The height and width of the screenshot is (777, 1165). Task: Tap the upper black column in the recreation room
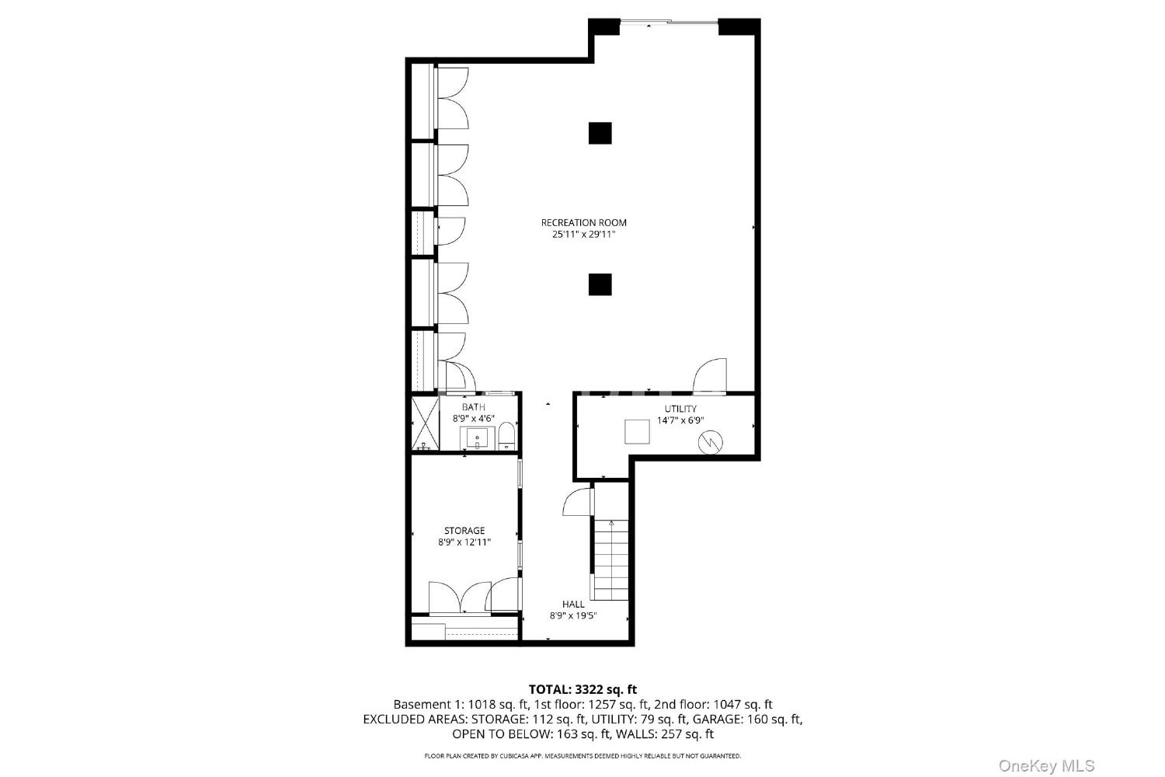[600, 133]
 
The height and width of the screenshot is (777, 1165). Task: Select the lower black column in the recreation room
[600, 284]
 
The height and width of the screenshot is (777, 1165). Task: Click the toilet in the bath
[506, 436]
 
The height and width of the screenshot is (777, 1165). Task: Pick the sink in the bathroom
[477, 438]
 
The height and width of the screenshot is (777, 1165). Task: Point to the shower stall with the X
[425, 423]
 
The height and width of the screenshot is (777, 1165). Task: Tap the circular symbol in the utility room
[711, 442]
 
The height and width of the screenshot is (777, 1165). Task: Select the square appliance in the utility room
[637, 431]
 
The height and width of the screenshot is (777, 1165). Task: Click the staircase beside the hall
[610, 559]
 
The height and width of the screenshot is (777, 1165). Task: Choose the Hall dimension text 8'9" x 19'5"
[573, 616]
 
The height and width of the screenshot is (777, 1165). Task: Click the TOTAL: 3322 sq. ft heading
[582, 689]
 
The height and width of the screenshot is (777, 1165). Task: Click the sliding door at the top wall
[669, 22]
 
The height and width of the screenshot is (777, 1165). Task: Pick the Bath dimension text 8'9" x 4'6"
[473, 419]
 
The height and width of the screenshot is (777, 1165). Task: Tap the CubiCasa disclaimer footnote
[582, 756]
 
